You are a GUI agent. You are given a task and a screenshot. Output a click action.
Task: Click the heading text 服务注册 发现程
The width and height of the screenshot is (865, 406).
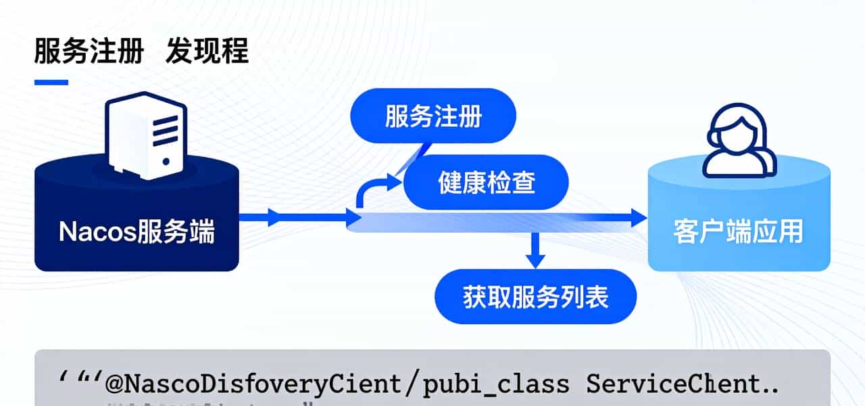point(141,51)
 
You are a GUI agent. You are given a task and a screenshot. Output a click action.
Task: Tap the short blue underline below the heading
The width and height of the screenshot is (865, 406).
point(51,83)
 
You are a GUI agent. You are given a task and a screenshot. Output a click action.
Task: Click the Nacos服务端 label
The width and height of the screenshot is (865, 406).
point(137,232)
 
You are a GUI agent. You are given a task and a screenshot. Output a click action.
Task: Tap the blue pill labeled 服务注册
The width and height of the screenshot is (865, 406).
point(433,116)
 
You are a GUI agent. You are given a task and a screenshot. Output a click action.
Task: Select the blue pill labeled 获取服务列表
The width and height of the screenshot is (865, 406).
point(535,297)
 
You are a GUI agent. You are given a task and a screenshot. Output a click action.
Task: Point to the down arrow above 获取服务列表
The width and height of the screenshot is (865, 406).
point(536,254)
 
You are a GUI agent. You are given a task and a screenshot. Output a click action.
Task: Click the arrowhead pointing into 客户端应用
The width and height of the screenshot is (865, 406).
point(638,217)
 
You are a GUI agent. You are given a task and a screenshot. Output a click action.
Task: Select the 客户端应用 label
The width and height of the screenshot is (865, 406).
point(738,232)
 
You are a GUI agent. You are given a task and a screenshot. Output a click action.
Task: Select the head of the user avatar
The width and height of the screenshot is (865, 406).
point(737,129)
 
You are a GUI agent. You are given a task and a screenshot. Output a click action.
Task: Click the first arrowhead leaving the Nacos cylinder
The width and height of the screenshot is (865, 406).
point(274,217)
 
